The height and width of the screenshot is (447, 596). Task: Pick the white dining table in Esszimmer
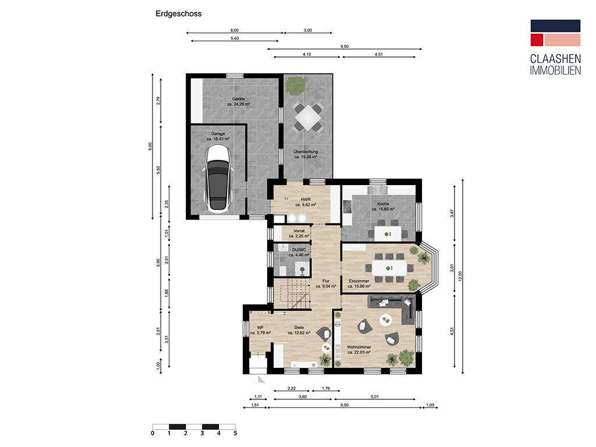(390, 268)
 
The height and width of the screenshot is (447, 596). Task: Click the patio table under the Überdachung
(307, 118)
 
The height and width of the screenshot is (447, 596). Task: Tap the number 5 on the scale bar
(235, 433)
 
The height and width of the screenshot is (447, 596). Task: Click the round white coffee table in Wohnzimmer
(385, 318)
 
